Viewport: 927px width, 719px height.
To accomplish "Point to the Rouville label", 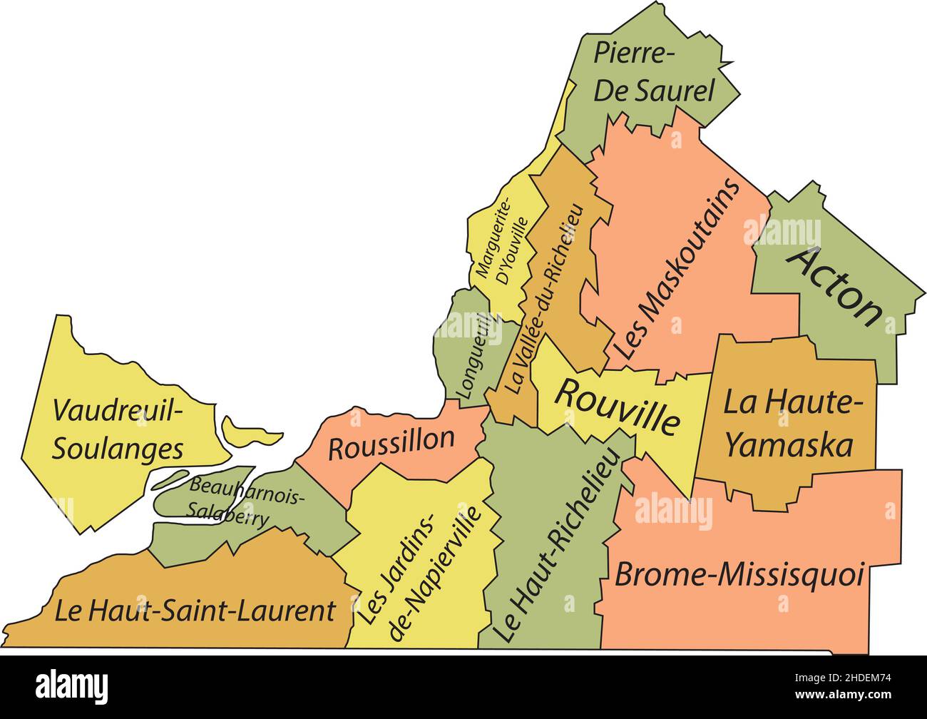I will click(616, 406).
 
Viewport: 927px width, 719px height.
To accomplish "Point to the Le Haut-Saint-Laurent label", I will click(195, 611).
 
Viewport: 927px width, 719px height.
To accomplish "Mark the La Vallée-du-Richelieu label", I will click(546, 300).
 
